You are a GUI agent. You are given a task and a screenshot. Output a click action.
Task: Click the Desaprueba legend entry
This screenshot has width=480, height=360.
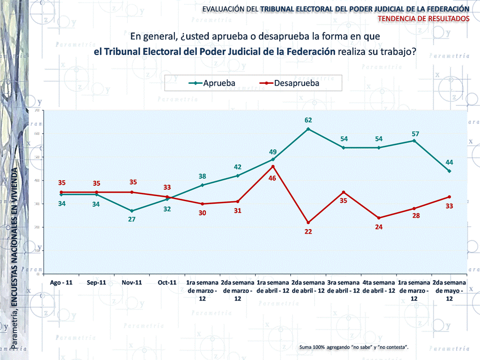point(288,83)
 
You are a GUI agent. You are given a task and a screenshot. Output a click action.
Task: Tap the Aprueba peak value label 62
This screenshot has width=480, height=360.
point(308,120)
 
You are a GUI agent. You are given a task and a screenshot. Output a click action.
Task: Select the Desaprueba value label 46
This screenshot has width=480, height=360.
point(272,178)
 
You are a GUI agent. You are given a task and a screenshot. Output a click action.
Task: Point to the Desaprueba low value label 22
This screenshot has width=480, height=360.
point(308,232)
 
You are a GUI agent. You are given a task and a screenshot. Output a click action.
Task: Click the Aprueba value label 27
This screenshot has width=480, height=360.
point(132,220)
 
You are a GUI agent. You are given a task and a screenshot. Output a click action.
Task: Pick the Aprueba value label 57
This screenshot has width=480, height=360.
point(414,133)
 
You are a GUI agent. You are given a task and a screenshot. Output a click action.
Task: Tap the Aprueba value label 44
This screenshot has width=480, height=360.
point(449,162)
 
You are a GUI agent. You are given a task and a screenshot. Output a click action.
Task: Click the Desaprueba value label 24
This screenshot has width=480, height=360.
point(379,227)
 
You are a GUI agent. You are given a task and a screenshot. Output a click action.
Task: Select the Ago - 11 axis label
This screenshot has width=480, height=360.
point(61,283)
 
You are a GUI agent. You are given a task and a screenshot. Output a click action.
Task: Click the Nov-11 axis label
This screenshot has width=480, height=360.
point(132,283)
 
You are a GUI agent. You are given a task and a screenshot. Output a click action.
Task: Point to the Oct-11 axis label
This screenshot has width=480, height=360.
point(167,283)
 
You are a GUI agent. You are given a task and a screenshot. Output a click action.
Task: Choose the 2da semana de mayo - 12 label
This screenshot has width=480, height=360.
point(449,290)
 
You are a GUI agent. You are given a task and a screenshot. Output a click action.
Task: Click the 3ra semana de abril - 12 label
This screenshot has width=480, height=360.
point(344,287)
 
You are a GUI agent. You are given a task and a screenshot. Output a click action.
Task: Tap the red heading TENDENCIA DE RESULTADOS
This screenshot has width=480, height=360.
point(424,18)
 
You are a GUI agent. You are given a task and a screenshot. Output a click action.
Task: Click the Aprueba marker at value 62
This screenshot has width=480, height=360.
point(308,129)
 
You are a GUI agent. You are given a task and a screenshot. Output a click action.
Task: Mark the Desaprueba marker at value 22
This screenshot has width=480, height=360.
point(308,223)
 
